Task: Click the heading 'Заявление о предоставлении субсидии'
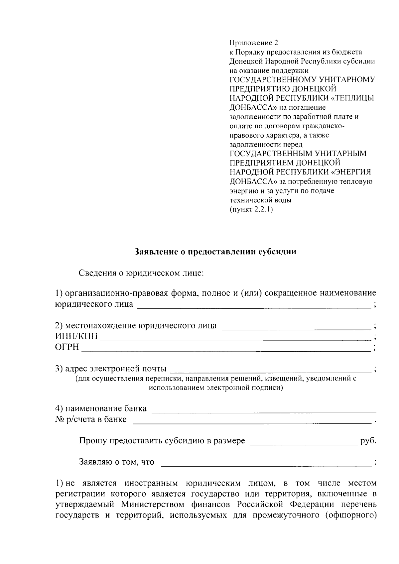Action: tap(215, 252)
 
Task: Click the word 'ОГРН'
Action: tap(67, 347)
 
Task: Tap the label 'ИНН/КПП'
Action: tap(76, 336)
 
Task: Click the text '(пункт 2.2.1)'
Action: tap(251, 210)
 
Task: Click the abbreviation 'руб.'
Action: tap(368, 441)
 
